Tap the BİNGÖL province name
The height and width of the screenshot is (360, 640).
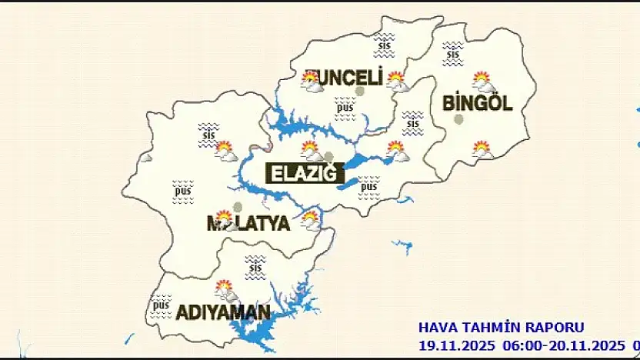[x=477, y=104]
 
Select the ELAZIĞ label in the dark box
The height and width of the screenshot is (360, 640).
[x=303, y=173]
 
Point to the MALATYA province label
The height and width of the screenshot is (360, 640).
[x=248, y=224]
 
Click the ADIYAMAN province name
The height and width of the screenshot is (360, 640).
[x=223, y=312]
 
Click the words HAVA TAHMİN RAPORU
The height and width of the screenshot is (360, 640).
[x=501, y=328]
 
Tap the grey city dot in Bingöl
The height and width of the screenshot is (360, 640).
[x=459, y=119]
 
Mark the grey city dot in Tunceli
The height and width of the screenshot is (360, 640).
[x=359, y=92]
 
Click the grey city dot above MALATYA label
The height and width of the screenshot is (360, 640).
[x=238, y=207]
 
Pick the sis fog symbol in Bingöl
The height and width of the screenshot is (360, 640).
[x=452, y=51]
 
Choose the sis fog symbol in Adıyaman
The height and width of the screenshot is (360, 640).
[x=255, y=265]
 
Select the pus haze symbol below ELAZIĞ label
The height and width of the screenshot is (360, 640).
[x=368, y=185]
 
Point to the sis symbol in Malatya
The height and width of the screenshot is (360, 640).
[x=208, y=132]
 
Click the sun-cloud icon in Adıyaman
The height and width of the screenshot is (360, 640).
[x=225, y=289]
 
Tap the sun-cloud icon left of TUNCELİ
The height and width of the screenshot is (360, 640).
[x=312, y=82]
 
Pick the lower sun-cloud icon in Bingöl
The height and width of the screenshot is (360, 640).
[x=482, y=149]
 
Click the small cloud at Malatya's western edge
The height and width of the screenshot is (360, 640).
[x=145, y=157]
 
